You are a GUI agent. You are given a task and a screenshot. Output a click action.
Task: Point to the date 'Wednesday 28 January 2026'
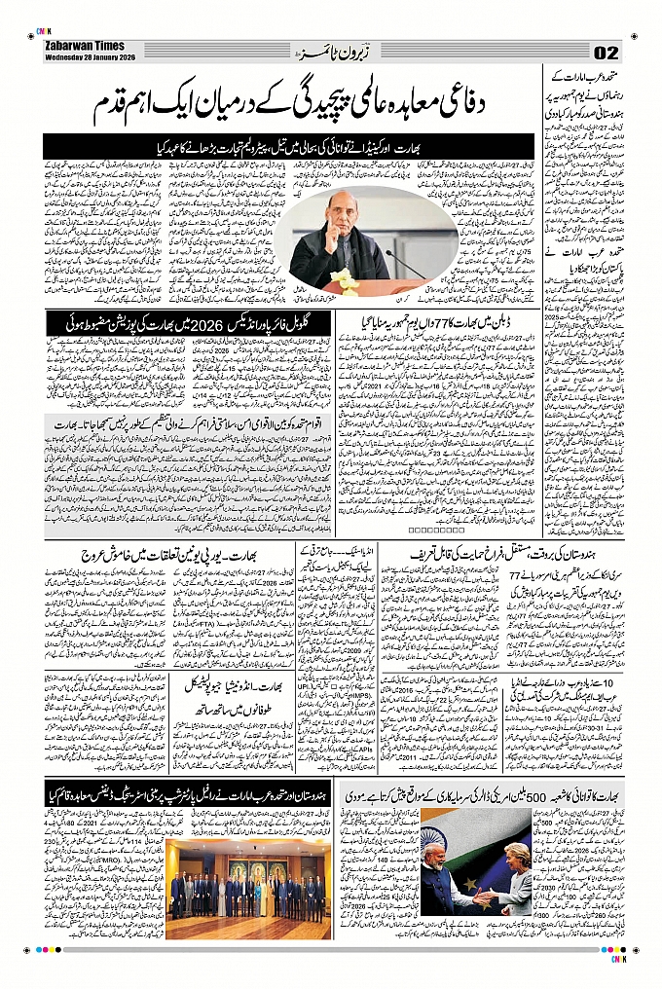[89, 56]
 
